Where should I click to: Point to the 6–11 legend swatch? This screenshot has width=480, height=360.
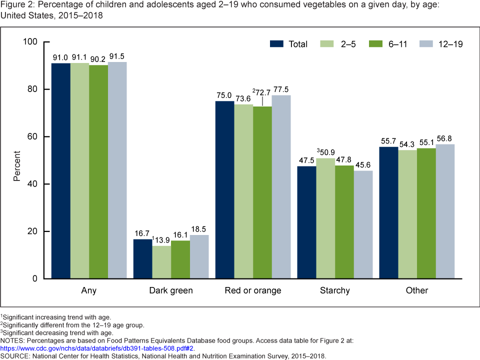click(x=375, y=44)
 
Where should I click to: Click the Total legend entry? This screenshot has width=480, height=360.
click(x=298, y=44)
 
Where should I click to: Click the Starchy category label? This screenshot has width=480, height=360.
click(x=335, y=290)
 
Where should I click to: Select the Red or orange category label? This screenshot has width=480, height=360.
click(x=253, y=290)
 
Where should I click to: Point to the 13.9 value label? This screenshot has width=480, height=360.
click(x=162, y=240)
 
